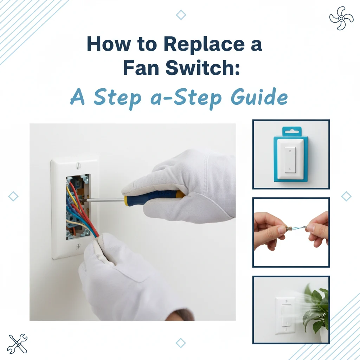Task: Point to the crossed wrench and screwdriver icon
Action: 17,343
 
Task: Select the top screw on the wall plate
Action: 78,165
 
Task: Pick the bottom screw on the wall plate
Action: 78,246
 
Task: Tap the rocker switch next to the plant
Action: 285,315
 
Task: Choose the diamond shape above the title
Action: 181,15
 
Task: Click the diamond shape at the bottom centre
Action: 181,343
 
